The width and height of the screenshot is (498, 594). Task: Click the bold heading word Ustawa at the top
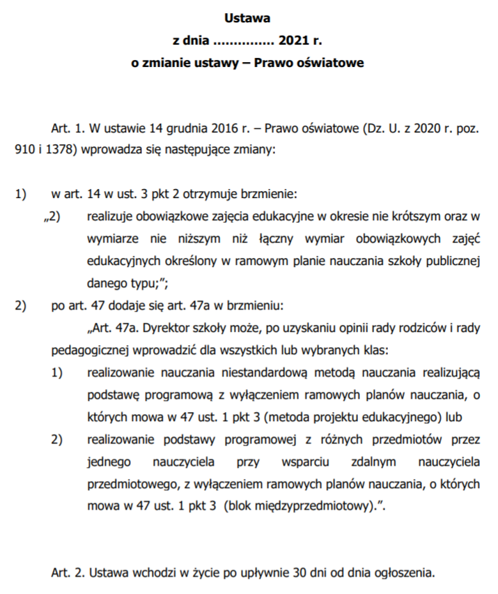(x=248, y=17)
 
